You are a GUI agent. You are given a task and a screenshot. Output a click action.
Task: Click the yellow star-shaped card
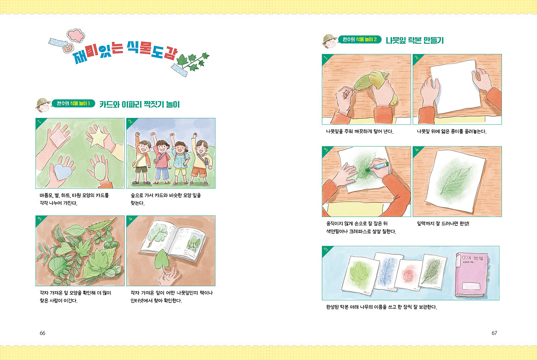click(x=98, y=137)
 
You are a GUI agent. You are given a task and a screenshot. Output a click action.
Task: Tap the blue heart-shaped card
click(x=63, y=171)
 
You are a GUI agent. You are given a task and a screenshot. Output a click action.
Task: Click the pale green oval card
click(x=101, y=171)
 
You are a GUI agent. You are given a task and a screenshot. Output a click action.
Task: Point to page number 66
click(x=42, y=333)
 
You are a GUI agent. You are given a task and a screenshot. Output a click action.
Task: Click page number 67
click(x=494, y=333)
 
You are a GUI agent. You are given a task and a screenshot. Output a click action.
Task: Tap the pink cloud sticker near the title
click(x=76, y=35)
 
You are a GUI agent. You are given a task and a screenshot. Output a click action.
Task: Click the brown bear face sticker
click(x=68, y=48)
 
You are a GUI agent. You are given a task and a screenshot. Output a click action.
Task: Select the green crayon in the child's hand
click(x=378, y=167)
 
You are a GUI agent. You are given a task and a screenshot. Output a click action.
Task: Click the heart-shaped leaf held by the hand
click(x=162, y=260)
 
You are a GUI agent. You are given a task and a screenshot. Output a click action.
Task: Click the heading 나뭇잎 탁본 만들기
click(x=415, y=40)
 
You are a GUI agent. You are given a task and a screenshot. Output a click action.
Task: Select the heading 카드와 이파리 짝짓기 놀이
click(x=140, y=104)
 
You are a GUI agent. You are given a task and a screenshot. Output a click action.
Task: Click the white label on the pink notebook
click(x=471, y=286)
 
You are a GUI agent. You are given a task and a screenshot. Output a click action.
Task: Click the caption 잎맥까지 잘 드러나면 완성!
click(x=443, y=224)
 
